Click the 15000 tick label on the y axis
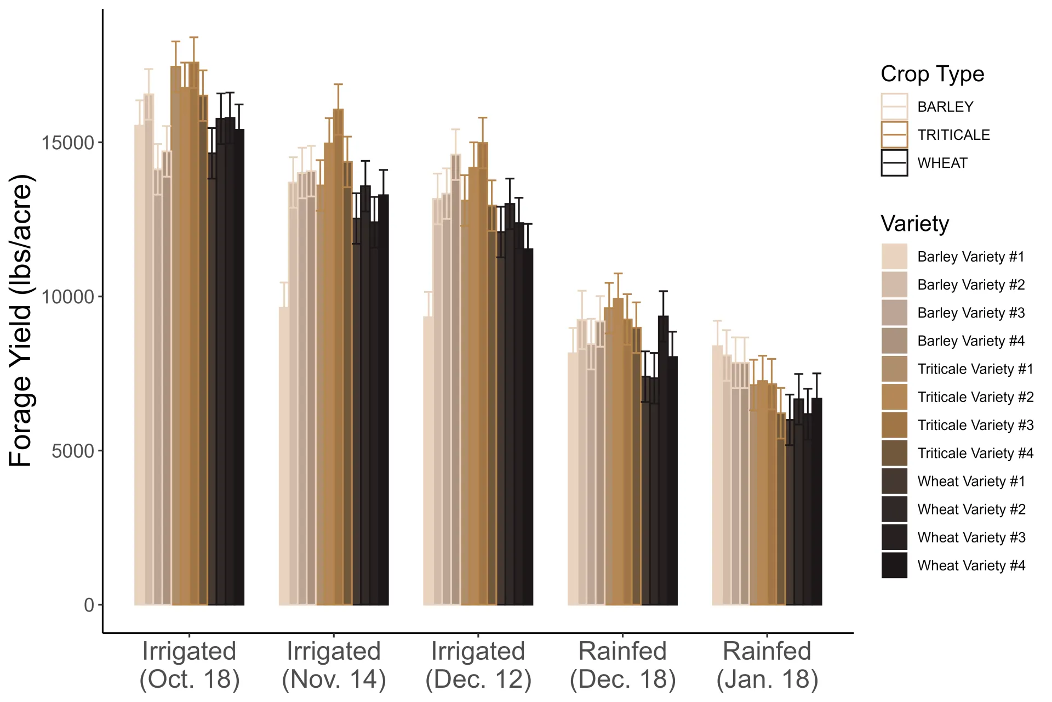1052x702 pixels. tap(68, 143)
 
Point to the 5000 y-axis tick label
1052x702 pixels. tap(73, 451)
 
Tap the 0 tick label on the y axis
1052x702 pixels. tap(89, 605)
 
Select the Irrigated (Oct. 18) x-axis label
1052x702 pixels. tap(189, 665)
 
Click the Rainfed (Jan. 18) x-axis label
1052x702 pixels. tap(767, 665)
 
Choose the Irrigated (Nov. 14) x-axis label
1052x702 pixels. tap(334, 665)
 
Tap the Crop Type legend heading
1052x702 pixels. tap(932, 74)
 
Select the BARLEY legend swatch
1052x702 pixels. tap(894, 107)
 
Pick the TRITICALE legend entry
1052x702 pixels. tap(953, 135)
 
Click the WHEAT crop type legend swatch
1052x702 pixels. tap(894, 163)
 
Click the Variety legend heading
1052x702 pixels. tap(914, 224)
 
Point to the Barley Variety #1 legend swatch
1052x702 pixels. tap(894, 257)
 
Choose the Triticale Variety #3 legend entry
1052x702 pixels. tap(975, 425)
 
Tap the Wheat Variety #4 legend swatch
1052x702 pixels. tap(894, 565)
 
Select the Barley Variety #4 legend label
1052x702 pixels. tap(970, 341)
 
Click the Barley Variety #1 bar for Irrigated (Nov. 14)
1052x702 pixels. tap(283, 455)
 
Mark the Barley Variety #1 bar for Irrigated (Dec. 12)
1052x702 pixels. tap(427, 461)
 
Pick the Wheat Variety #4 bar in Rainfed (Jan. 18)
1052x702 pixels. tap(817, 502)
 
